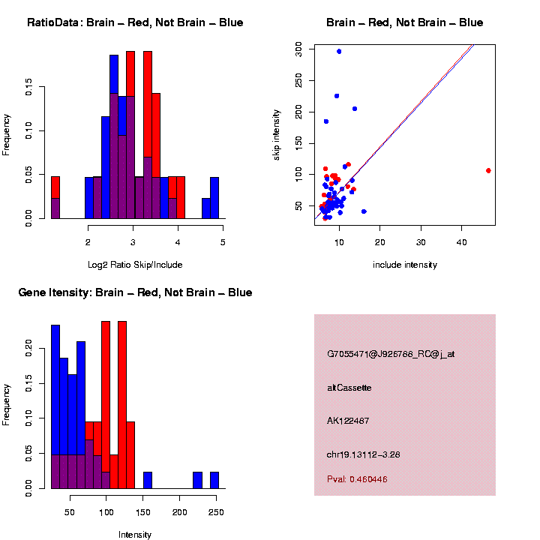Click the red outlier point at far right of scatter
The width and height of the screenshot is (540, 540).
488,170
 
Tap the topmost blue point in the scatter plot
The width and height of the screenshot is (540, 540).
339,52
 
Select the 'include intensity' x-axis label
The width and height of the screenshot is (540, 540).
404,264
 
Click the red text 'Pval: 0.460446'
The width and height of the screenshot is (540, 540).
357,478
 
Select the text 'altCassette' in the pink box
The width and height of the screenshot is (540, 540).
349,388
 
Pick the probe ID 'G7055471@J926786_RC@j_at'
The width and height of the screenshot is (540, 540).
391,354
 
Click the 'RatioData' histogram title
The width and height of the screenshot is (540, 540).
135,22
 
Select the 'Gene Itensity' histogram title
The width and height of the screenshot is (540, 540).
135,292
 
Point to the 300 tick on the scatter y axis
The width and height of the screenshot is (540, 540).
298,47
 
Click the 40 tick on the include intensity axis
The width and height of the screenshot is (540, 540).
462,241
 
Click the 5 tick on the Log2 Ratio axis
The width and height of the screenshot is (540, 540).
223,241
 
